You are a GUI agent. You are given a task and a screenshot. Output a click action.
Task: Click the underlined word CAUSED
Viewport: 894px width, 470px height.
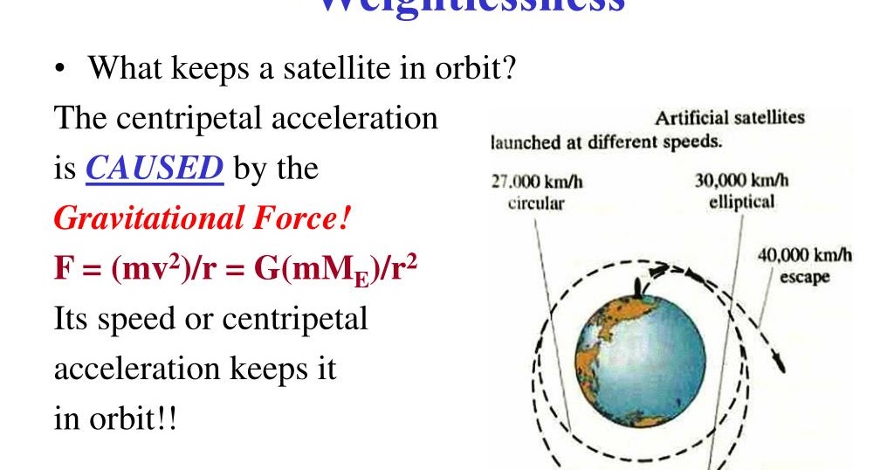154,168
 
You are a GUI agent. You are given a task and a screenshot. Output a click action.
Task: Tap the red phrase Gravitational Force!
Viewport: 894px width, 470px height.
203,218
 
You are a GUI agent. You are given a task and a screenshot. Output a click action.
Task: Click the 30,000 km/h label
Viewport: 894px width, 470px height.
741,181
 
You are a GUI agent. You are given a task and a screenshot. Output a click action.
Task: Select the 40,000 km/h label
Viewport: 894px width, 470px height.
804,256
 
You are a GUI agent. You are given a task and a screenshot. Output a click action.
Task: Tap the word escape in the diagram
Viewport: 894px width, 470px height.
804,278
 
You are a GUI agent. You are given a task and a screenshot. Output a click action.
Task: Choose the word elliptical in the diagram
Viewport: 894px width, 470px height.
741,202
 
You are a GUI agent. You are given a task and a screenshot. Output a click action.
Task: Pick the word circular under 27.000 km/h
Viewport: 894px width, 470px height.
535,204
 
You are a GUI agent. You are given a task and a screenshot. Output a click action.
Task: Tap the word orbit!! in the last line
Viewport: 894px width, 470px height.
128,418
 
